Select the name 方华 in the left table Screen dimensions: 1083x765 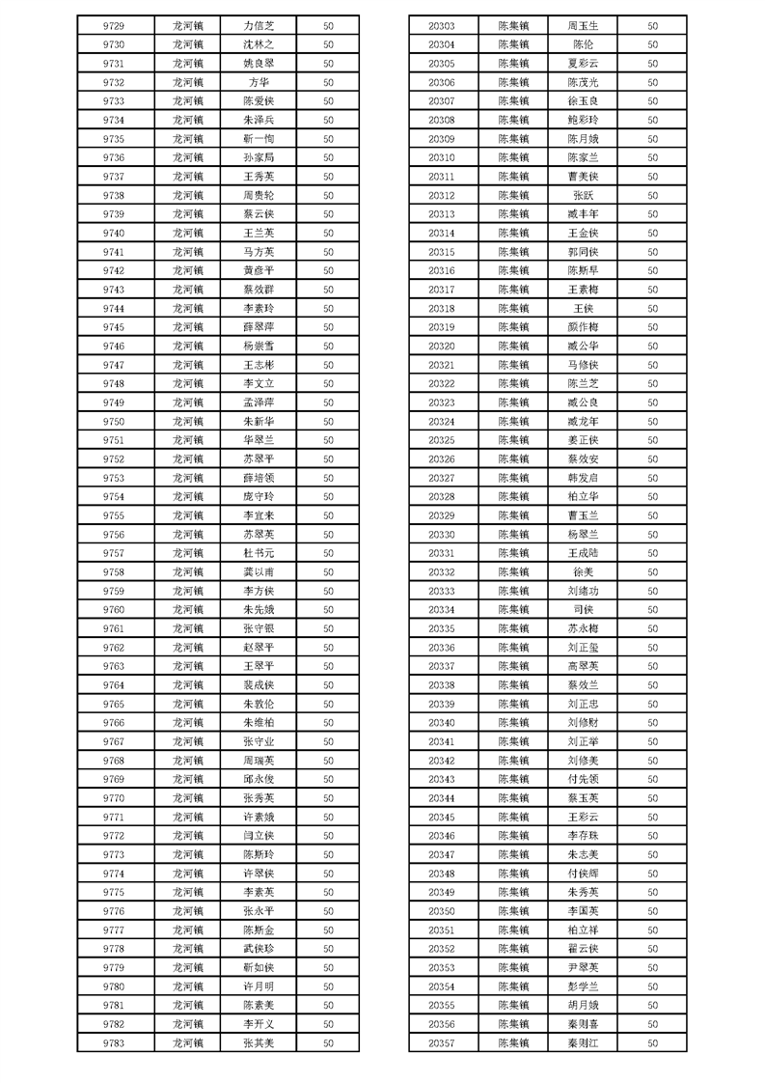click(259, 82)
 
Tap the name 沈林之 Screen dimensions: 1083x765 click(259, 44)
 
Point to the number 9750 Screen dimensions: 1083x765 click(113, 421)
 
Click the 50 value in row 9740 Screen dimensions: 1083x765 click(328, 233)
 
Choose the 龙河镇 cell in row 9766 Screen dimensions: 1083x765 click(188, 722)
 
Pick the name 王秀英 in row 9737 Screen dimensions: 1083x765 click(259, 177)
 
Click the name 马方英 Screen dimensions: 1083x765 click(259, 252)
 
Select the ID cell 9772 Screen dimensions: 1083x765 click(113, 835)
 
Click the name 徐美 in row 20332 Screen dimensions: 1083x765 click(584, 571)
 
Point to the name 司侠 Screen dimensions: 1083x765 click(584, 609)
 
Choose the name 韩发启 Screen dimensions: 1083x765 click(584, 478)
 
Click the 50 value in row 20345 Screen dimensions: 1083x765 click(653, 817)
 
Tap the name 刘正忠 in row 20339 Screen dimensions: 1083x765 click(584, 704)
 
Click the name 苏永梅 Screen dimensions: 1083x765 click(584, 628)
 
